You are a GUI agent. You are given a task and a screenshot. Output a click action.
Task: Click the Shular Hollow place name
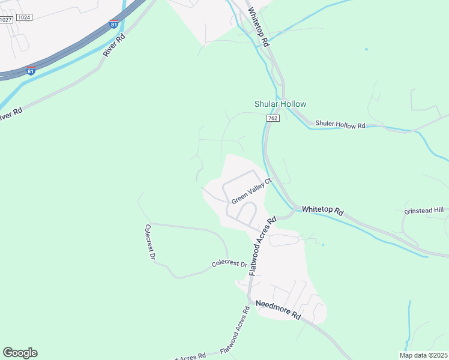[x=280, y=104]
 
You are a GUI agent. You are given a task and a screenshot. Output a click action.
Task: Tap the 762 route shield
[x=273, y=119]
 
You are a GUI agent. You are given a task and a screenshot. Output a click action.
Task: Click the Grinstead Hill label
[x=424, y=210]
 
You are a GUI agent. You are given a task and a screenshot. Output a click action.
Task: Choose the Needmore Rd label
[x=277, y=310]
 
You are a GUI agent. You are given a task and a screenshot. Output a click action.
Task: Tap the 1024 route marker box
[x=24, y=17]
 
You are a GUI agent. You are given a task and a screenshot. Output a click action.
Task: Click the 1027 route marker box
[x=5, y=20]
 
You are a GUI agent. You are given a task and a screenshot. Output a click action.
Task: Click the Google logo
[x=20, y=353]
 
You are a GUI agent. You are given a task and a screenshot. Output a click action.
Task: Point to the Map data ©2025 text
[x=423, y=355]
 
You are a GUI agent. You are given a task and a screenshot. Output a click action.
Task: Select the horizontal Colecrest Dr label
[x=229, y=264]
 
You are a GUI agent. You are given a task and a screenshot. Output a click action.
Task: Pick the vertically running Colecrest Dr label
[x=150, y=242]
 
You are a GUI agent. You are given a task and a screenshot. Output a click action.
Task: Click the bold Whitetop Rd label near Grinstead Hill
[x=322, y=211]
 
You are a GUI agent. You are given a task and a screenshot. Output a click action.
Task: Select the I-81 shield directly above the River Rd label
[x=114, y=25]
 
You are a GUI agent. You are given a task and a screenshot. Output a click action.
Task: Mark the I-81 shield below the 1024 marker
[x=31, y=71]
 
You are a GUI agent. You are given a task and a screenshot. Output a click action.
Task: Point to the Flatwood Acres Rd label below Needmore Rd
[x=235, y=331]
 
